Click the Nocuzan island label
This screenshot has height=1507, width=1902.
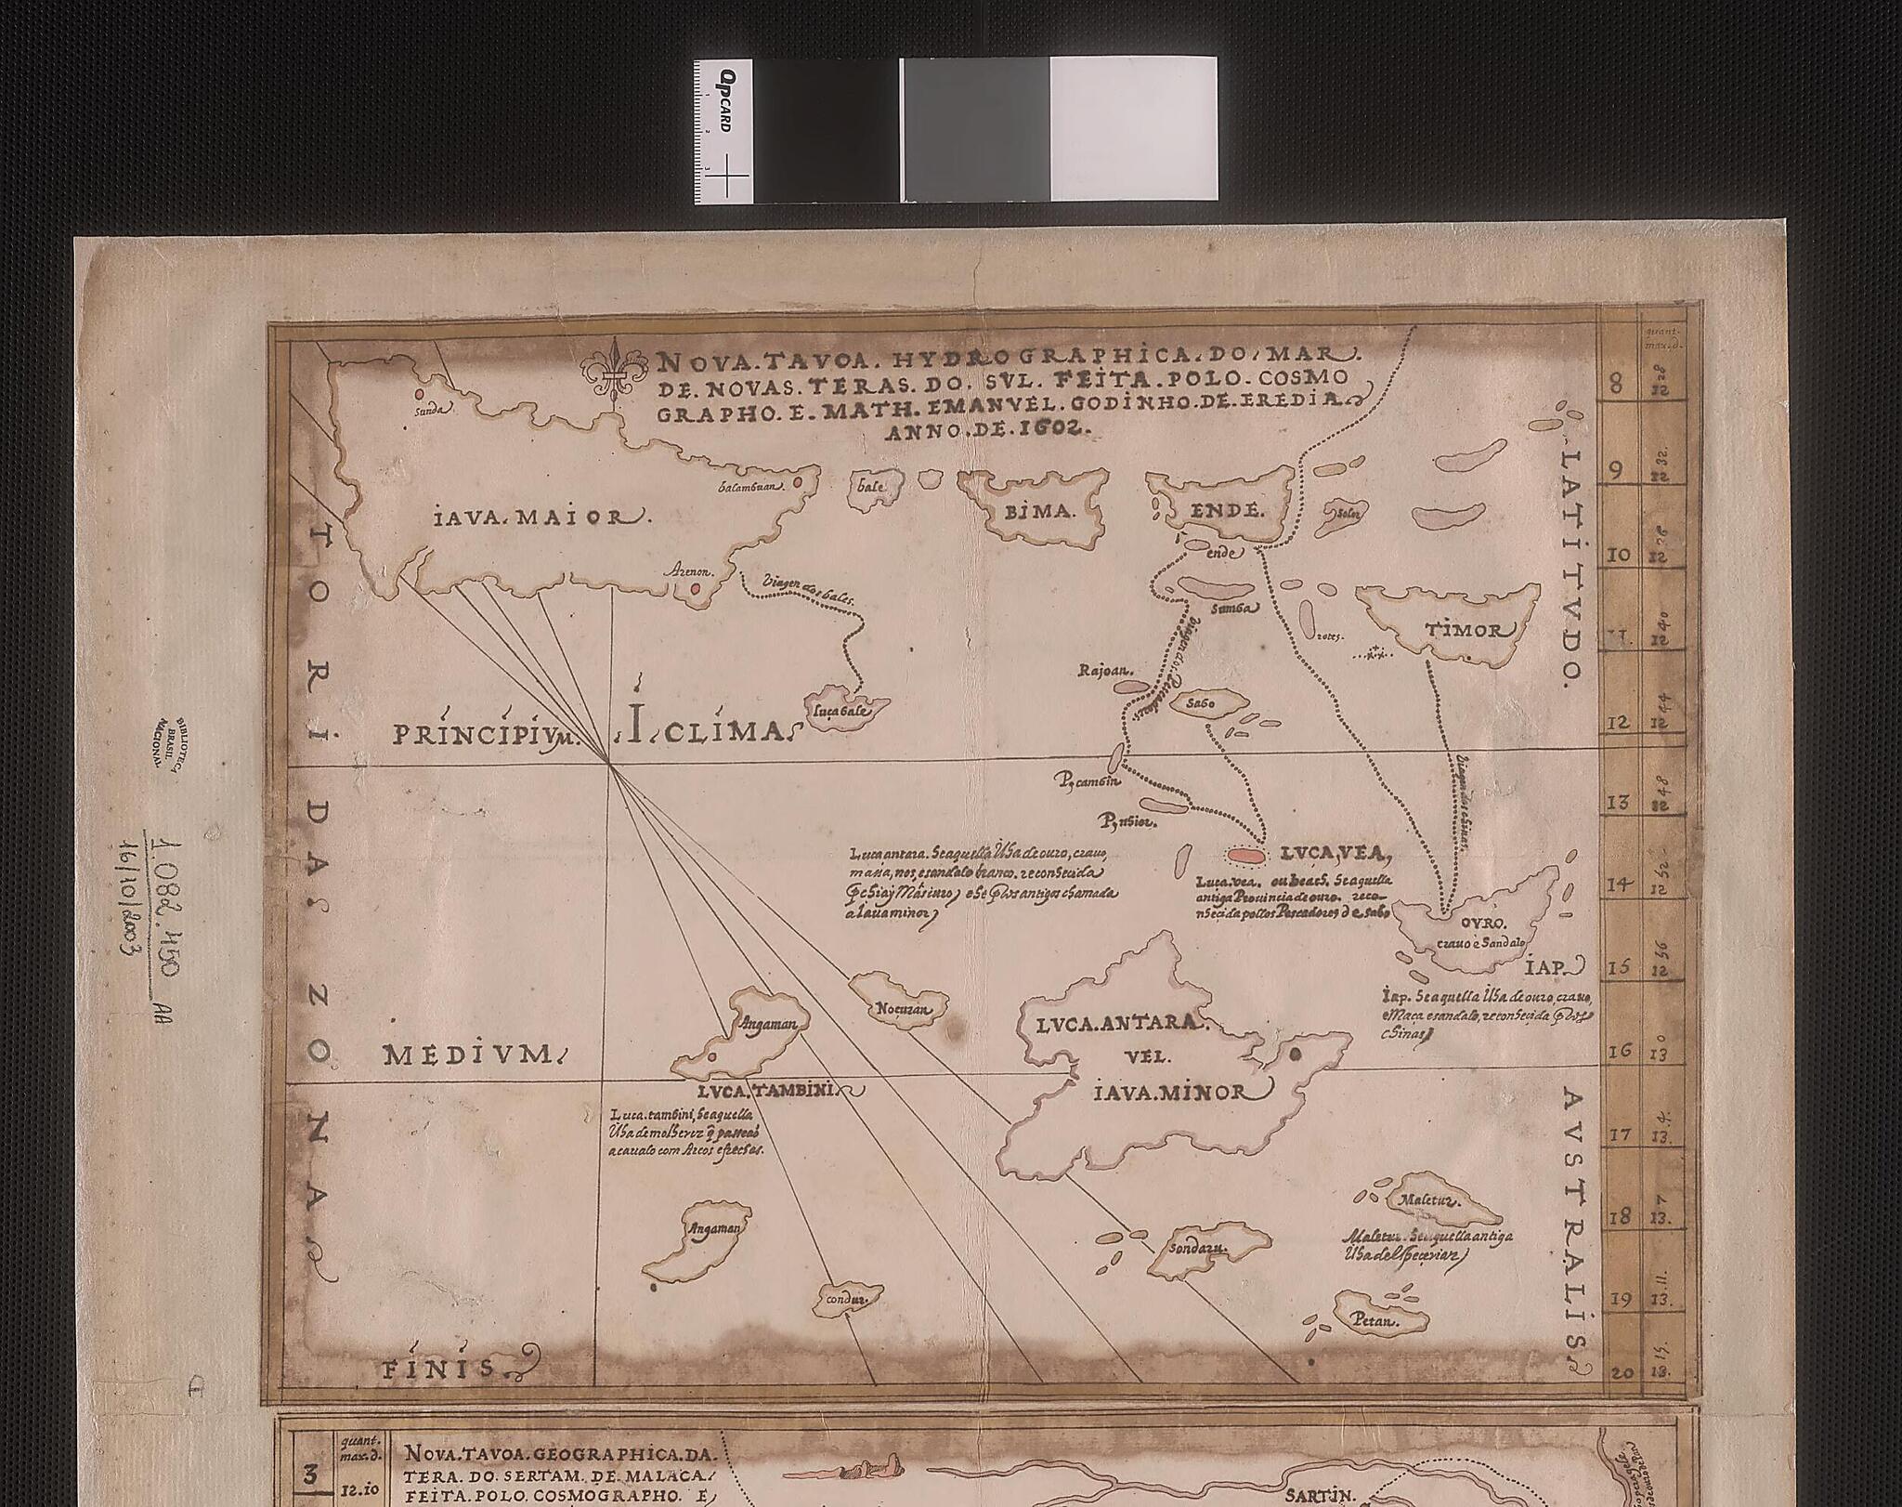(897, 1008)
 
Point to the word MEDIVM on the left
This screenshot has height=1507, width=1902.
(471, 1054)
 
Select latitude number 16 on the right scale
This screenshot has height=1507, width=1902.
(1620, 1051)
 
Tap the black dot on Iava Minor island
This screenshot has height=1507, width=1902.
(1295, 1053)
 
